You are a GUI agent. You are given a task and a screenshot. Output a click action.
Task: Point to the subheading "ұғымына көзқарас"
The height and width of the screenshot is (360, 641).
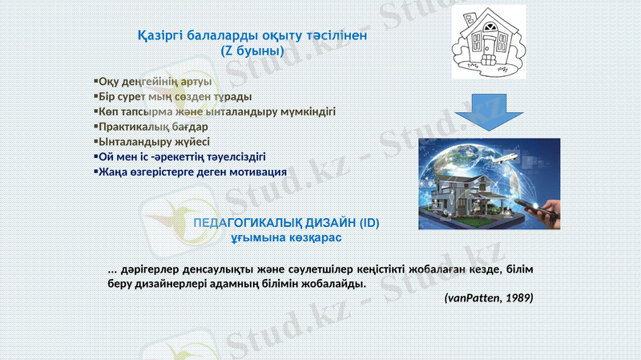point(286,238)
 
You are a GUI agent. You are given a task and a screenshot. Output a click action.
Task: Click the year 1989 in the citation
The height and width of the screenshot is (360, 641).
point(517,297)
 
